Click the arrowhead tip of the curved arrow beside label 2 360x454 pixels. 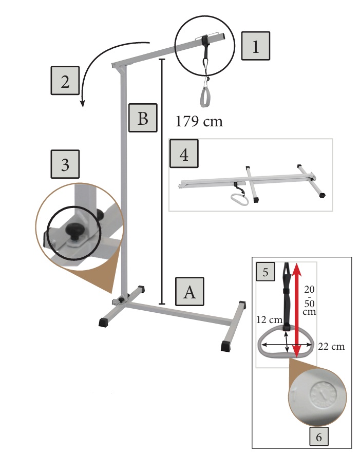tap(83, 107)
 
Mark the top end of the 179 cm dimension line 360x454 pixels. tap(162, 60)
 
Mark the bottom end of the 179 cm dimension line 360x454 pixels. tap(162, 304)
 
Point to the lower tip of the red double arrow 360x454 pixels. tap(296, 357)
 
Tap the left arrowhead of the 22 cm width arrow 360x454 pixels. tap(261, 345)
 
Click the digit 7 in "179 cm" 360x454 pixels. tap(189, 121)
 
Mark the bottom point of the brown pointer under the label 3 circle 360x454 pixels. tap(111, 293)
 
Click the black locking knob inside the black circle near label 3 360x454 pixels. tap(74, 231)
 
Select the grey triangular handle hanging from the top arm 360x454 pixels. tap(205, 97)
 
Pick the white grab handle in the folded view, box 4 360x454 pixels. tap(239, 199)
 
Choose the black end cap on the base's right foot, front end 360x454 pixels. tap(226, 346)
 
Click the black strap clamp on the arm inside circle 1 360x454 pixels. tap(205, 40)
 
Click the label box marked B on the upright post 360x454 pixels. tap(143, 118)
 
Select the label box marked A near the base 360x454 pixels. tap(190, 292)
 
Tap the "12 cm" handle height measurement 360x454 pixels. tap(269, 320)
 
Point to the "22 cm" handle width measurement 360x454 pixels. tap(332, 347)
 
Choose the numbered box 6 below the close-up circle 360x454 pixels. tap(319, 437)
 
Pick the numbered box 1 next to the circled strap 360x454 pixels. tap(256, 46)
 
